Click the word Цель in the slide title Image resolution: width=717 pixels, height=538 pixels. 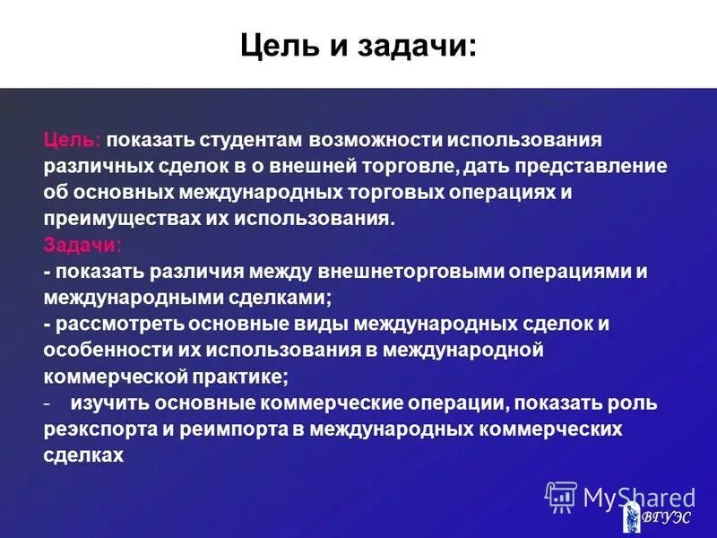tap(273, 44)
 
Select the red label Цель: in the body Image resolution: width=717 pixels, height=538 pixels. tap(73, 141)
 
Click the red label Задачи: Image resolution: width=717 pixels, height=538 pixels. tap(83, 245)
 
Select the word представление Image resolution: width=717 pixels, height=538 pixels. tap(585, 167)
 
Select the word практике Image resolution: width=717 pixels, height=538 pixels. tap(243, 375)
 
